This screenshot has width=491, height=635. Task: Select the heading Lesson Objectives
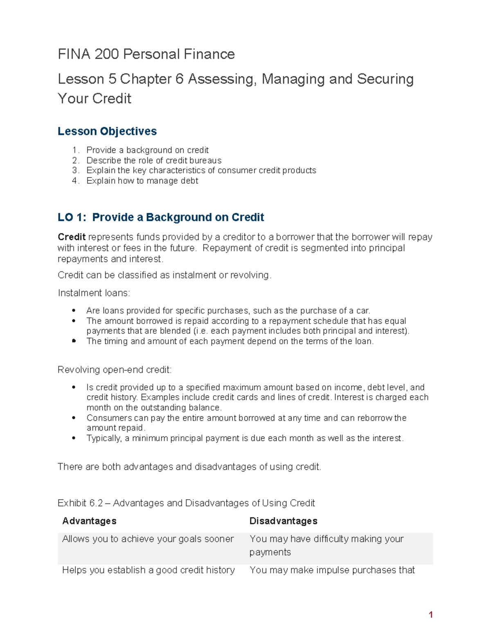107,131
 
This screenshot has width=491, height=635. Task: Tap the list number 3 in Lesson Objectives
75,171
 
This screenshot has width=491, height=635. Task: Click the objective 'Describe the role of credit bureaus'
154,160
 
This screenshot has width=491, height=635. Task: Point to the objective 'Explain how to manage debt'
142,181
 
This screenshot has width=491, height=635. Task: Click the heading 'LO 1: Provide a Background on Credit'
161,217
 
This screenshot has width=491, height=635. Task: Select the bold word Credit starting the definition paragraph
72,237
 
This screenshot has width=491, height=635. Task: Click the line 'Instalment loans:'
94,293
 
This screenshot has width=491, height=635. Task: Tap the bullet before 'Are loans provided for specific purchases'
74,311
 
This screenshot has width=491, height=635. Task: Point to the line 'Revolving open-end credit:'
115,370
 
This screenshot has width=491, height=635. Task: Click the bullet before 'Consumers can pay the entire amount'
74,418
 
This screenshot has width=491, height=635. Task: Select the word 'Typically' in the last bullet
104,438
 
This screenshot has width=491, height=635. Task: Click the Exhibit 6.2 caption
186,503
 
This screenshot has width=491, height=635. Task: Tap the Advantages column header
89,521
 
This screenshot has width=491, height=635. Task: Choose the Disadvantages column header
283,521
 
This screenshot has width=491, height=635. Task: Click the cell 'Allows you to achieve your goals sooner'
148,539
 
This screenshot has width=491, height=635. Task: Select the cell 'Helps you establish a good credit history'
148,570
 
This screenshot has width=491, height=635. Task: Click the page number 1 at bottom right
430,615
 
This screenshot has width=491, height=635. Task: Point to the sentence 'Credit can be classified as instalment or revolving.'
164,275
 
